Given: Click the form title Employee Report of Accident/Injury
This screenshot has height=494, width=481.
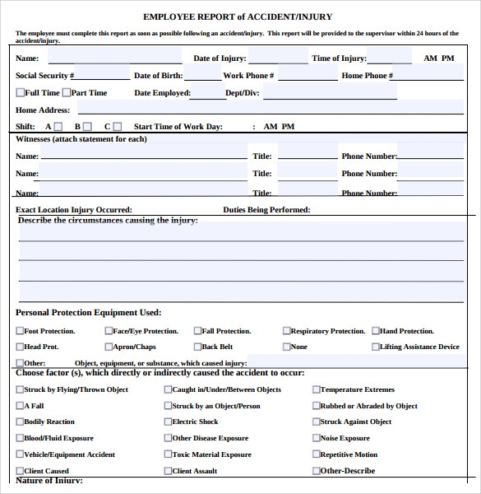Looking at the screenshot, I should pos(238,16).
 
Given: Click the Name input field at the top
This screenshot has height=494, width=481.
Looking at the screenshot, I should pos(114,57).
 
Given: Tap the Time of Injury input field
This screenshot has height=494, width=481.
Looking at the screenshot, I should pos(390,57).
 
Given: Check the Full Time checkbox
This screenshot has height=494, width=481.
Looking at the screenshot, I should pos(20,93).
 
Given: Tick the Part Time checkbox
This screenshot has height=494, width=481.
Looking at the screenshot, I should pos(66,93).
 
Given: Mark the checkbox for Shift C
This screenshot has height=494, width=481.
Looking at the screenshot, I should pos(117,127).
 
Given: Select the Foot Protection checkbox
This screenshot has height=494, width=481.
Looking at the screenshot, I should pos(20,331).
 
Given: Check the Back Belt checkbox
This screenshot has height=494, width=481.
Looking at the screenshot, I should pos(197,347).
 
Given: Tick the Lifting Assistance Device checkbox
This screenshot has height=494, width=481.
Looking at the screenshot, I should pos(376,347).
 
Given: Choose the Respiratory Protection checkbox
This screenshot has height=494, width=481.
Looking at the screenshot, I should pos(287,331).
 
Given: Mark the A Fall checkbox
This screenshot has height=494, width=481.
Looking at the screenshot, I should pos(20,406).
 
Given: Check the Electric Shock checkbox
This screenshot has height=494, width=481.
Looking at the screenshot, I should pos(168,422).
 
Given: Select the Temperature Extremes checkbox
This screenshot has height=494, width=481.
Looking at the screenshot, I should pos(316,389).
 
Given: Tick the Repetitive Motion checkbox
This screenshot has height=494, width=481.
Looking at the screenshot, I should pos(316,454).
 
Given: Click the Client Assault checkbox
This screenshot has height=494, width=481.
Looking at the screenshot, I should pos(168,471).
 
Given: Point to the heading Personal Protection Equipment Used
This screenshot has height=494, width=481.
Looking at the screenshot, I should pos(88,313).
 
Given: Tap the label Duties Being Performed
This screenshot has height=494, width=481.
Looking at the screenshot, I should pos(266,210).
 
